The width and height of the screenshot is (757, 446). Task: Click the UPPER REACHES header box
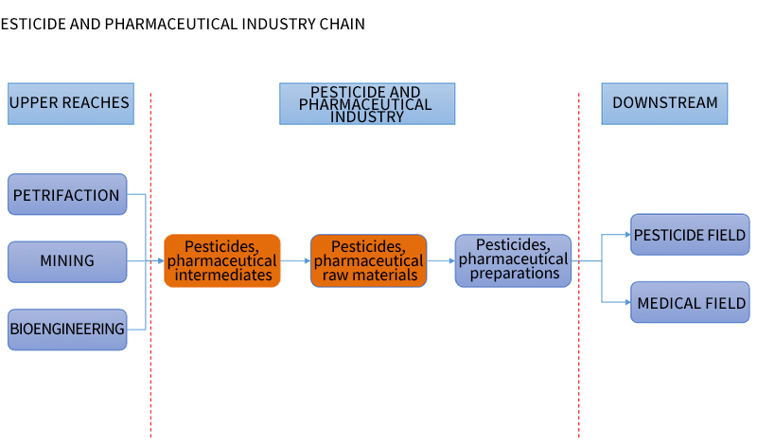point(71,103)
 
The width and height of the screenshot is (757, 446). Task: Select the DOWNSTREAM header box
point(664,103)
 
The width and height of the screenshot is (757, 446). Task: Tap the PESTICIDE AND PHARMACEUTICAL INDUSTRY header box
point(367,103)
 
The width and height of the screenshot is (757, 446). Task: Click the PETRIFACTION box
point(67,194)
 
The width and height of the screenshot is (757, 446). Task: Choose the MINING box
point(67,261)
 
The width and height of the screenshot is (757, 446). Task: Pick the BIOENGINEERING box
point(67,330)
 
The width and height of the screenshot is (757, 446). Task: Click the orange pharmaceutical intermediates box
point(222,261)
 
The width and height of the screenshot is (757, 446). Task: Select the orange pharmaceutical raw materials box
point(368,261)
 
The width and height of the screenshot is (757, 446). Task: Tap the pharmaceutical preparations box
point(513,261)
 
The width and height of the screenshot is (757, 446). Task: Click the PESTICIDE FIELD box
point(690,234)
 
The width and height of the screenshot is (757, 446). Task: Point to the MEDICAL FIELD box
point(690,302)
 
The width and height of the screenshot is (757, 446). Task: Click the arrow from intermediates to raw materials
point(295,261)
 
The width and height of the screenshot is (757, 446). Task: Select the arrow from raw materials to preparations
point(441,261)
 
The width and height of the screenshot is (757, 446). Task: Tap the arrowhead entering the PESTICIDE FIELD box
point(627,234)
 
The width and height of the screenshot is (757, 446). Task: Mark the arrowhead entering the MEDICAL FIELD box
point(627,302)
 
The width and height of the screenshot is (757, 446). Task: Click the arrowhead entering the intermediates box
point(161,261)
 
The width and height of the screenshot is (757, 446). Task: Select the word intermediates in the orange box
point(223,275)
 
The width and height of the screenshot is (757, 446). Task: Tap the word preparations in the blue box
point(515,274)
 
